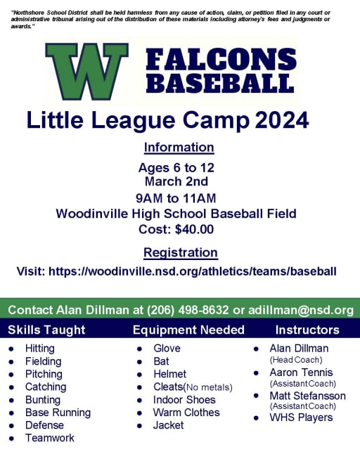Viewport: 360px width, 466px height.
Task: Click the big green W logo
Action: point(86,71)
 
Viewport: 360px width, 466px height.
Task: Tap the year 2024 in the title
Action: point(282,120)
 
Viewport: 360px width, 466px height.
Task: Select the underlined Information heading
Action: point(179,148)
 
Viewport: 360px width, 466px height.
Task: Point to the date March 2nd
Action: point(176,181)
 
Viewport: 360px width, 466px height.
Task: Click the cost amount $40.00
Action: point(194,229)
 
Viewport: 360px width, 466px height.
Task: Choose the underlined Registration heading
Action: point(181,252)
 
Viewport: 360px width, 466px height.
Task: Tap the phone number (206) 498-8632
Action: point(188,310)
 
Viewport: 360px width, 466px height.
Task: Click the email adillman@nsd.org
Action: point(301,310)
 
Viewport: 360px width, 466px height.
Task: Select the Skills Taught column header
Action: point(46,330)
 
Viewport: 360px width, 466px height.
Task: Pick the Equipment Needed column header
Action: point(188,330)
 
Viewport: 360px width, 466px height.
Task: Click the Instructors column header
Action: point(307,330)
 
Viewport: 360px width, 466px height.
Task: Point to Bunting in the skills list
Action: point(43,400)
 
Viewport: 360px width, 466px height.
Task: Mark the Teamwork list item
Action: point(50,438)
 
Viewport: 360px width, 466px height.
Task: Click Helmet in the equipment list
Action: point(169,374)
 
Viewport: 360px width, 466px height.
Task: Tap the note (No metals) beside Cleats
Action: point(208,387)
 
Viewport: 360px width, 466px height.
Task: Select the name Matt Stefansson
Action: point(308,396)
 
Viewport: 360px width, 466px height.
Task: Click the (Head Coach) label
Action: point(296,360)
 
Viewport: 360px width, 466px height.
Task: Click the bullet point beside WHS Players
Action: point(256,418)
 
